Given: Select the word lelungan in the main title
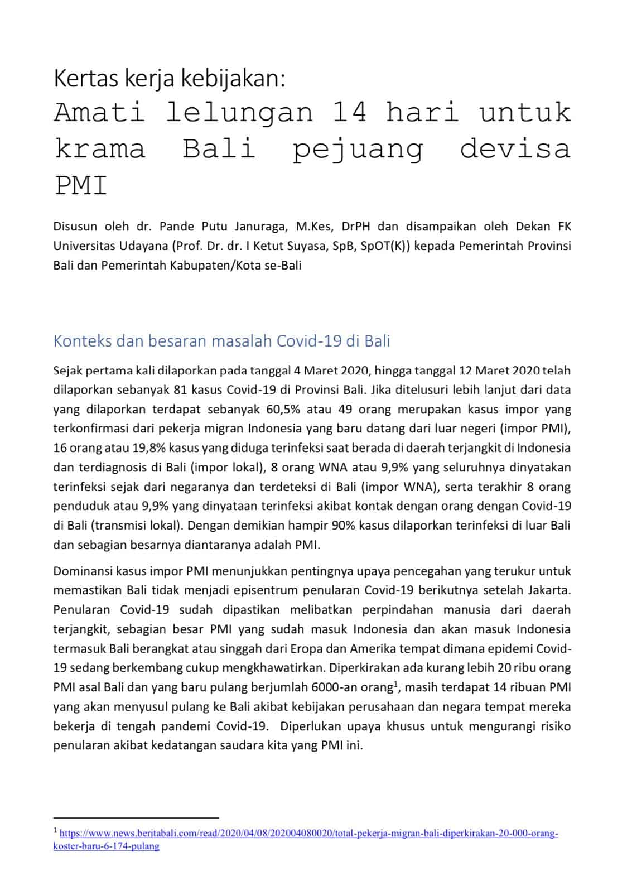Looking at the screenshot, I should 239,113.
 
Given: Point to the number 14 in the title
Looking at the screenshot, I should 349,113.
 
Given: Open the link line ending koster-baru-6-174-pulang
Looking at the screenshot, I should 106,846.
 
